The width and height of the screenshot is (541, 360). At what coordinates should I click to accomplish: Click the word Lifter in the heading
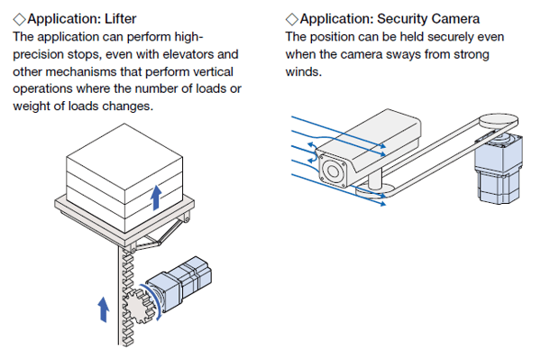121,19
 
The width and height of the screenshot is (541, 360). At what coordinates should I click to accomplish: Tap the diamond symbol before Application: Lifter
19,19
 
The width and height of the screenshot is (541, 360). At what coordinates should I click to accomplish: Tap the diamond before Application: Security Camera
292,19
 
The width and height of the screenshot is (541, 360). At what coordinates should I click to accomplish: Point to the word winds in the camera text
304,72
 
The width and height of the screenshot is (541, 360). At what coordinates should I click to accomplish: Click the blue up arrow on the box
156,198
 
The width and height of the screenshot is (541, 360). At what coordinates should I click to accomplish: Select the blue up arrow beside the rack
103,309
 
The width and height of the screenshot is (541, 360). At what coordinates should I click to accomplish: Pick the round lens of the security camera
333,171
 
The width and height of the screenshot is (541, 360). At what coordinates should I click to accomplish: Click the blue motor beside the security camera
499,169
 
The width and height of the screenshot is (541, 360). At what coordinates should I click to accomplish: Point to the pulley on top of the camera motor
499,121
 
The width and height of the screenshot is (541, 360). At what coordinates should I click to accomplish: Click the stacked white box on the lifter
124,178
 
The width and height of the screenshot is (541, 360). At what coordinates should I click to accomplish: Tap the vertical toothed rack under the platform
126,297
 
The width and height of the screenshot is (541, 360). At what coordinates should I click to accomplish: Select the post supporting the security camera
375,180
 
